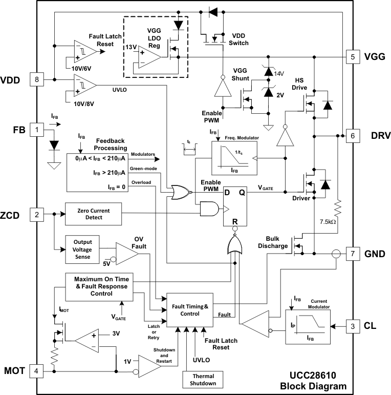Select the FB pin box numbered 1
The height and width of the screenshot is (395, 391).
[36, 130]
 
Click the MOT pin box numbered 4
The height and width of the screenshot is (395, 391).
[36, 370]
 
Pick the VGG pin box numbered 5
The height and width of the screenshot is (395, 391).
[352, 56]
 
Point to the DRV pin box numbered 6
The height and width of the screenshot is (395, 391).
[352, 136]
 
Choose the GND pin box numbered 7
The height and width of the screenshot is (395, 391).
[352, 254]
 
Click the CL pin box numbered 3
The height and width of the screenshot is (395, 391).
[352, 325]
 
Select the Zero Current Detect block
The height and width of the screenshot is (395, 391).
[93, 214]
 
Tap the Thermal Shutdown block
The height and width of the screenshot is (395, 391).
[203, 380]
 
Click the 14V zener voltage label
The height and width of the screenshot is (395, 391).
[278, 73]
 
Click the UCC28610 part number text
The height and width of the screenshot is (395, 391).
[307, 376]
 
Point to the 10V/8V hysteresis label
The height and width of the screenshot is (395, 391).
[76, 103]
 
